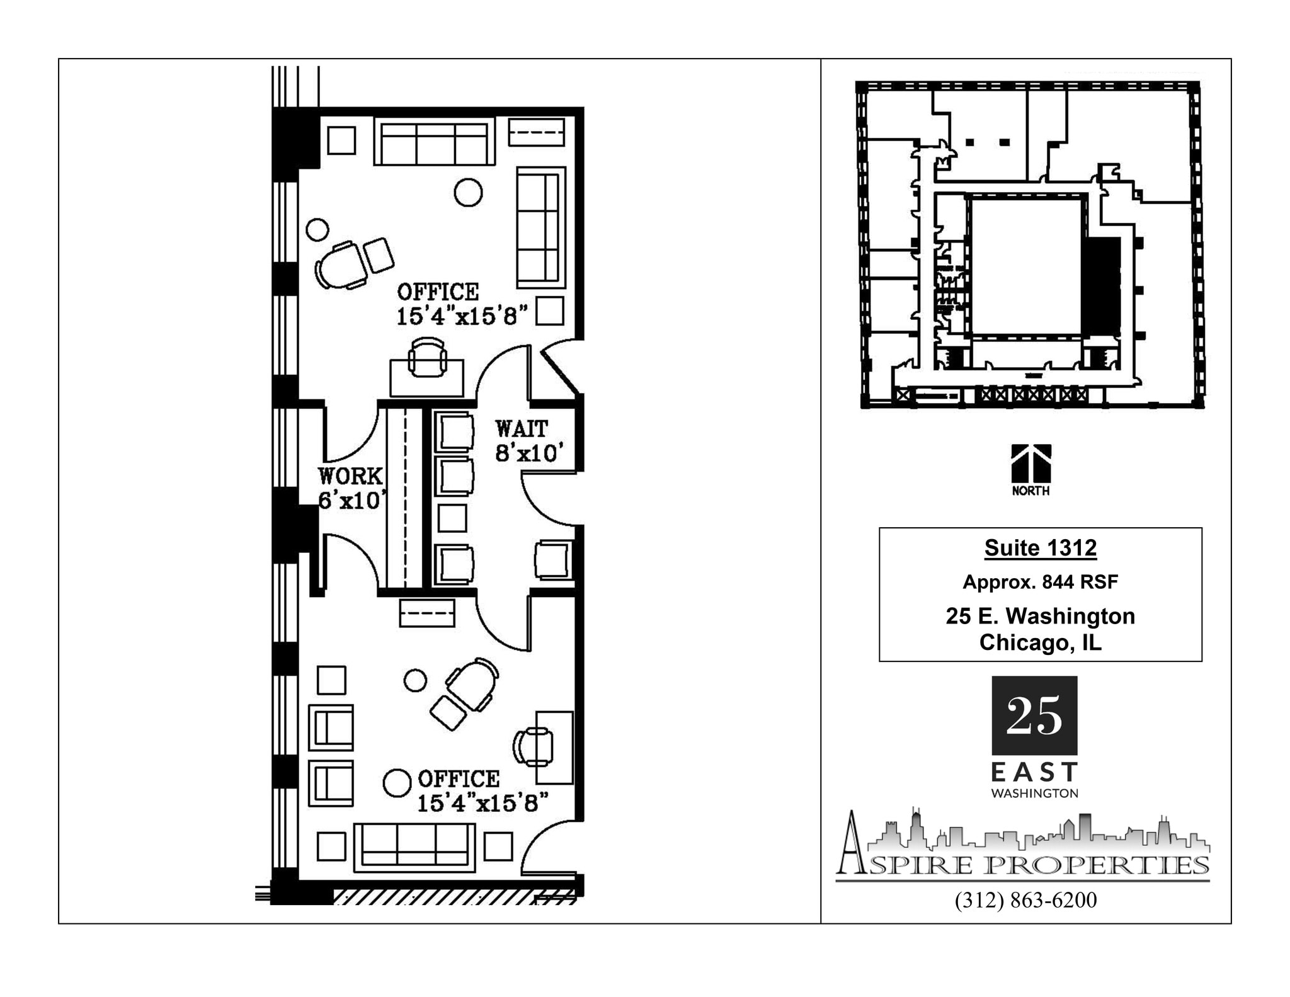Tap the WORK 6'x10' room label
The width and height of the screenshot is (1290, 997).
(350, 487)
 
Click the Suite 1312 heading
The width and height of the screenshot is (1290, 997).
(1040, 548)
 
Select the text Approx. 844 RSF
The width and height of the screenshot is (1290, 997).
(1040, 582)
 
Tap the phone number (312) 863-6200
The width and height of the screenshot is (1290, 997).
(1025, 900)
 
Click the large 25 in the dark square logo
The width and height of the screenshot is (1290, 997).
(1034, 715)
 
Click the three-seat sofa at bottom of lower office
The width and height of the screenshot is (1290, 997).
(414, 847)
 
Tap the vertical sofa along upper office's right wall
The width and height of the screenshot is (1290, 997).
(540, 227)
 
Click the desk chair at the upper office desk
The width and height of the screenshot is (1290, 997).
(428, 357)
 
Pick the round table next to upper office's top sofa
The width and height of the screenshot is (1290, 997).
(468, 192)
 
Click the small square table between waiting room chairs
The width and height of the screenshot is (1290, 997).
(452, 518)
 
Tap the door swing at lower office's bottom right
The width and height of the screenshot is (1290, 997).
(549, 848)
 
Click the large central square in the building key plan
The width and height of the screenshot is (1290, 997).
(1025, 266)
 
